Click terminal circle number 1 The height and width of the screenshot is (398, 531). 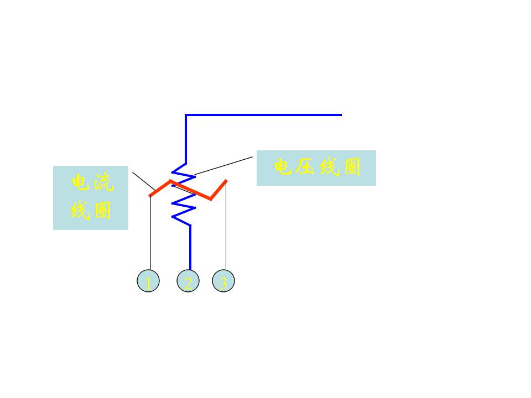coord(148,282)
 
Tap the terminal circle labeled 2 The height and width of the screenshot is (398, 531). coord(188,282)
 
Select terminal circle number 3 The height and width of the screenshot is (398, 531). coord(223,282)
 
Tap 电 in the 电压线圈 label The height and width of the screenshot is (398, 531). coord(283,167)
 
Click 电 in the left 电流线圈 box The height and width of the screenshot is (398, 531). coord(81,183)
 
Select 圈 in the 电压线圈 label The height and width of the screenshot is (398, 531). coord(352,167)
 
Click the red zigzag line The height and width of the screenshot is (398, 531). coord(191,190)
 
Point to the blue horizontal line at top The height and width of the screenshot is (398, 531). coord(265,115)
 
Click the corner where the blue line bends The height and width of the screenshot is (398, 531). coord(186,115)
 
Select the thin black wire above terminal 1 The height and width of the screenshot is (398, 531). coord(150,232)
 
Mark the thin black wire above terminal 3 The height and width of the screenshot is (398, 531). coord(226,232)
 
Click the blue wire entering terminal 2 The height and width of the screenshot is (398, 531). coord(190,249)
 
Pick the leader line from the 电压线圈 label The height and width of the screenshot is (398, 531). coord(224,165)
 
